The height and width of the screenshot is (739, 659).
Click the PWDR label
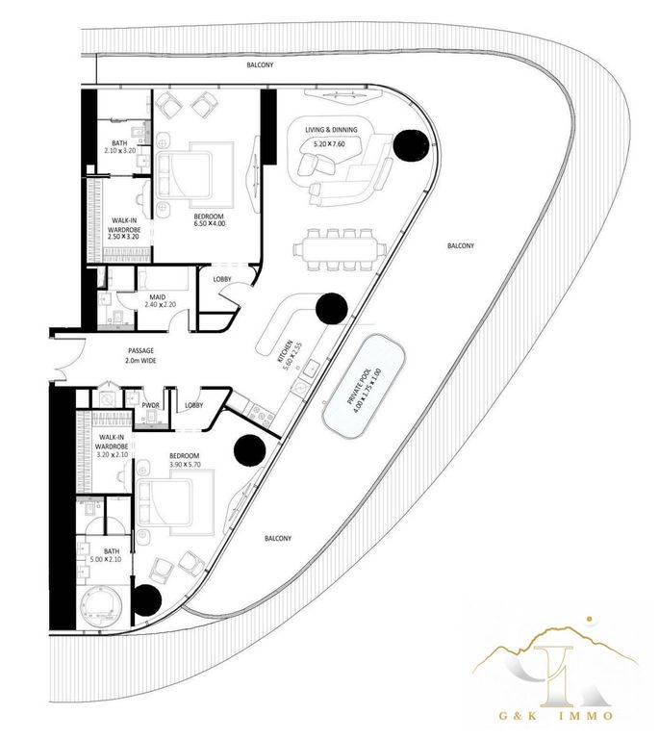click(149, 405)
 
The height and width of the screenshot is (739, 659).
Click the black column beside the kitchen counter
click(330, 308)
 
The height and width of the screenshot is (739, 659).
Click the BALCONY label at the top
click(259, 65)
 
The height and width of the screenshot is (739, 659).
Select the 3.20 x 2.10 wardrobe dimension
click(114, 454)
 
